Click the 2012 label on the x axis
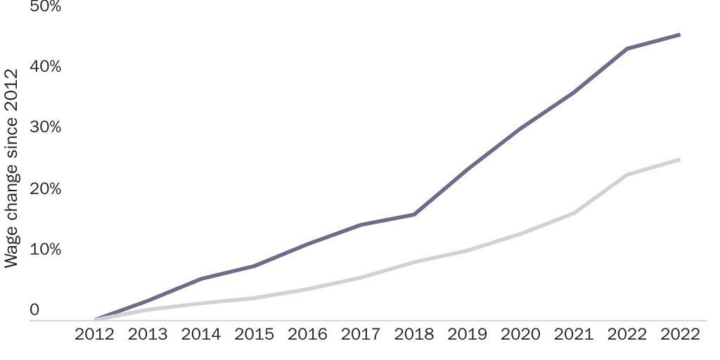[94, 334]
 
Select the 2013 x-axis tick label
[148, 334]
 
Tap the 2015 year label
[255, 334]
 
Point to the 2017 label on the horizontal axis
[361, 334]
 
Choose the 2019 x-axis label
[468, 334]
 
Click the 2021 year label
[574, 334]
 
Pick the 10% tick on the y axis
[45, 250]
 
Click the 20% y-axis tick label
[45, 188]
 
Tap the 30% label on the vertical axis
[45, 127]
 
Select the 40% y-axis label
[45, 66]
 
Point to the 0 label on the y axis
[34, 310]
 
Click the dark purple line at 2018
[414, 214]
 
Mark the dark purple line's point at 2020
[521, 128]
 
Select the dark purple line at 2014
[201, 279]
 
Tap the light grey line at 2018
[414, 262]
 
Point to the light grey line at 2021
[574, 213]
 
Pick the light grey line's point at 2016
[308, 289]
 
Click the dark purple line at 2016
[308, 243]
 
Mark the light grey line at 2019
[468, 250]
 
